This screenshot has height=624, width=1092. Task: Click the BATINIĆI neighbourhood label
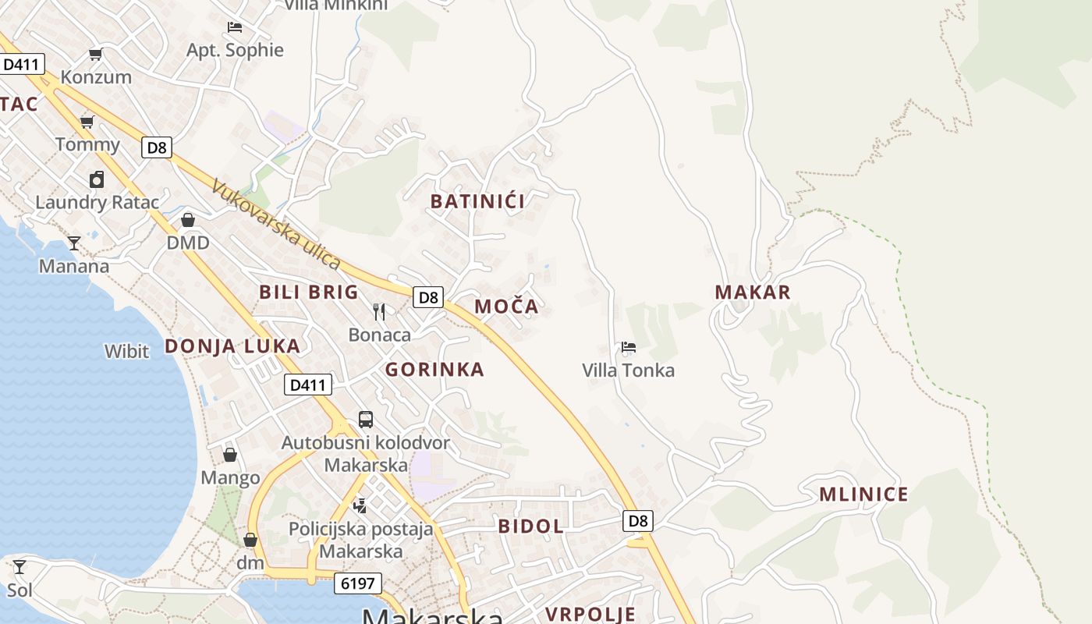pyautogui.click(x=477, y=201)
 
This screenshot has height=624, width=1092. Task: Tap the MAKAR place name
pyautogui.click(x=753, y=292)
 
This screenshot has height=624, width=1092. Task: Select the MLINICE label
pyautogui.click(x=863, y=495)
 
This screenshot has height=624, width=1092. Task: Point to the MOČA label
pyautogui.click(x=506, y=307)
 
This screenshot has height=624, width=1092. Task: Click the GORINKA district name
pyautogui.click(x=434, y=370)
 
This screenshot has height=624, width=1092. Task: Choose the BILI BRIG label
pyautogui.click(x=309, y=292)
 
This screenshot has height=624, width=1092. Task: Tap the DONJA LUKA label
pyautogui.click(x=232, y=346)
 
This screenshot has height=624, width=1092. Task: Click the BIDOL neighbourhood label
pyautogui.click(x=530, y=526)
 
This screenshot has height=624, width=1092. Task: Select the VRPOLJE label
pyautogui.click(x=590, y=614)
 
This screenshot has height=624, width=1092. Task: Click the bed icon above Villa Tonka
pyautogui.click(x=628, y=346)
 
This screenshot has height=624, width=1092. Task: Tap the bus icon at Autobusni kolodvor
pyautogui.click(x=366, y=420)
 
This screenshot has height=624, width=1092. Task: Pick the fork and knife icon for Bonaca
pyautogui.click(x=379, y=312)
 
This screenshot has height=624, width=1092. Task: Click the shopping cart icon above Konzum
pyautogui.click(x=95, y=54)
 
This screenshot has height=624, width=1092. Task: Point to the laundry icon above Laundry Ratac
pyautogui.click(x=97, y=179)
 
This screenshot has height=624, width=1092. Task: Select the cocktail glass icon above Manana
pyautogui.click(x=74, y=243)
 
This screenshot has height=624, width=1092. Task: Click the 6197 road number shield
pyautogui.click(x=358, y=583)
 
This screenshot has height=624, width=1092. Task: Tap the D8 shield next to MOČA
pyautogui.click(x=427, y=297)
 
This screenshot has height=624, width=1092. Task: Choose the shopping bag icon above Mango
pyautogui.click(x=230, y=454)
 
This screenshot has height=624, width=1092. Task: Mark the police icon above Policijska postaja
pyautogui.click(x=360, y=505)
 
